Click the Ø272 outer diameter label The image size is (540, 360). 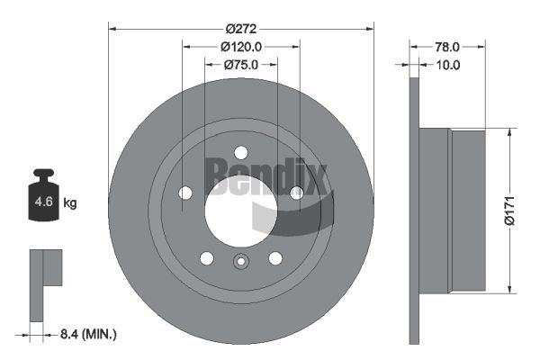pos(241,29)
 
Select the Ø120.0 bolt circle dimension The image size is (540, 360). pos(241,47)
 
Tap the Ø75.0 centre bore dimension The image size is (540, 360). pos(241,65)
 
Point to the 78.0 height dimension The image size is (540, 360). pos(447,47)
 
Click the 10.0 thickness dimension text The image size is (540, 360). pos(447,65)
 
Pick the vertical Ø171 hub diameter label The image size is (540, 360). pos(509,211)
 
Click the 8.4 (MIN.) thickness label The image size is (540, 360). pos(88,334)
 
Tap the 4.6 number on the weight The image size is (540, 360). pos(44,202)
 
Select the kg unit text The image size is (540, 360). pos(70,202)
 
